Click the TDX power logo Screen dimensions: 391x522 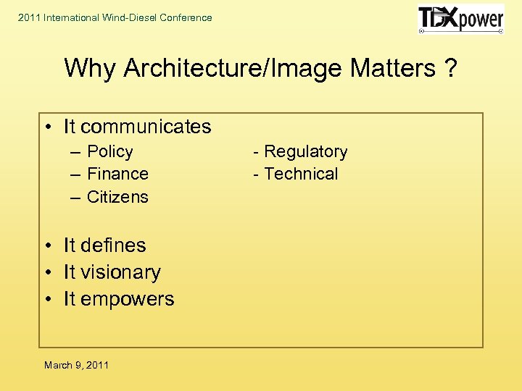(x=460, y=20)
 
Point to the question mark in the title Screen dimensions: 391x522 (x=450, y=68)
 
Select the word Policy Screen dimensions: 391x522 (x=110, y=151)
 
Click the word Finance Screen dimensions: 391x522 (x=117, y=174)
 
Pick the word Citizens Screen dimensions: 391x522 (x=117, y=197)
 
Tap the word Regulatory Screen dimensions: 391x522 (x=305, y=151)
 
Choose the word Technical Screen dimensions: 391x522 (x=301, y=174)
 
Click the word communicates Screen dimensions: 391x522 (x=146, y=127)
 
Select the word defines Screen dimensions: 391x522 (x=114, y=245)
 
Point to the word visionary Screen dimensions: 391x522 (x=121, y=272)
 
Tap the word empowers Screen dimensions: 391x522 (x=128, y=299)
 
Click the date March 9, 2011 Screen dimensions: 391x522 (x=76, y=365)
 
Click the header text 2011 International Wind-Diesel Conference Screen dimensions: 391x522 (x=115, y=17)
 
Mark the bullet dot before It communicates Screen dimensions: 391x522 (x=46, y=127)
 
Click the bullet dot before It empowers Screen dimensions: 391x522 (x=46, y=300)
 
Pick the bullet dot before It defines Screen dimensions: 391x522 (x=46, y=246)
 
